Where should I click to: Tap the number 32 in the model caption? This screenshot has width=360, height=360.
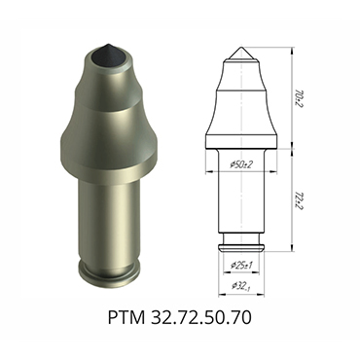(x=164, y=319)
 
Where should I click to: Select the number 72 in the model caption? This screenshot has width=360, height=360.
(x=192, y=319)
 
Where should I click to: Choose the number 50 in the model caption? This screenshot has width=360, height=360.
(x=219, y=319)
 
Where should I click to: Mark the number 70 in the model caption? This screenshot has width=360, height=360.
(x=246, y=319)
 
